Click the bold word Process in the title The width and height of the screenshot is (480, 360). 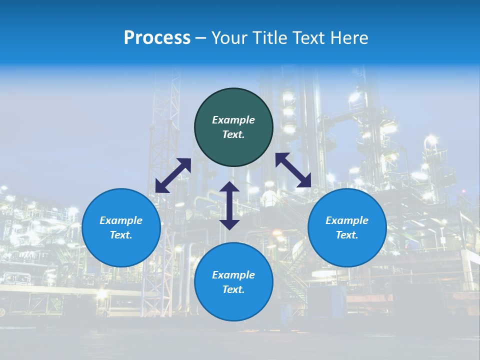coord(157,38)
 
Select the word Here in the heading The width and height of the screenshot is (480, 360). coord(348,38)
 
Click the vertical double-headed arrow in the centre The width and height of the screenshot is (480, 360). coord(229,205)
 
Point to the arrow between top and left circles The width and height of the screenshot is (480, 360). coord(173,175)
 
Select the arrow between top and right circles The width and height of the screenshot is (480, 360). coord(293,170)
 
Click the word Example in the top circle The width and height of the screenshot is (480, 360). coord(233,120)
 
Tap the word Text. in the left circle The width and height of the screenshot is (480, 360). coord(121,235)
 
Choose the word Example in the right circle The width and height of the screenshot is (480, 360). coord(347,220)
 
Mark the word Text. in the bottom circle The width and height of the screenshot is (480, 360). coord(233,289)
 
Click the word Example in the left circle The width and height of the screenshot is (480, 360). coord(121,220)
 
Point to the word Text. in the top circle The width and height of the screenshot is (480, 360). coord(233,134)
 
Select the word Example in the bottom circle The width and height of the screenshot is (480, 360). coord(233,275)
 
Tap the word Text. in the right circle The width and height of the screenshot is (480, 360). coord(347,235)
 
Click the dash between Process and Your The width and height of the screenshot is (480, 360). coord(201,38)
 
